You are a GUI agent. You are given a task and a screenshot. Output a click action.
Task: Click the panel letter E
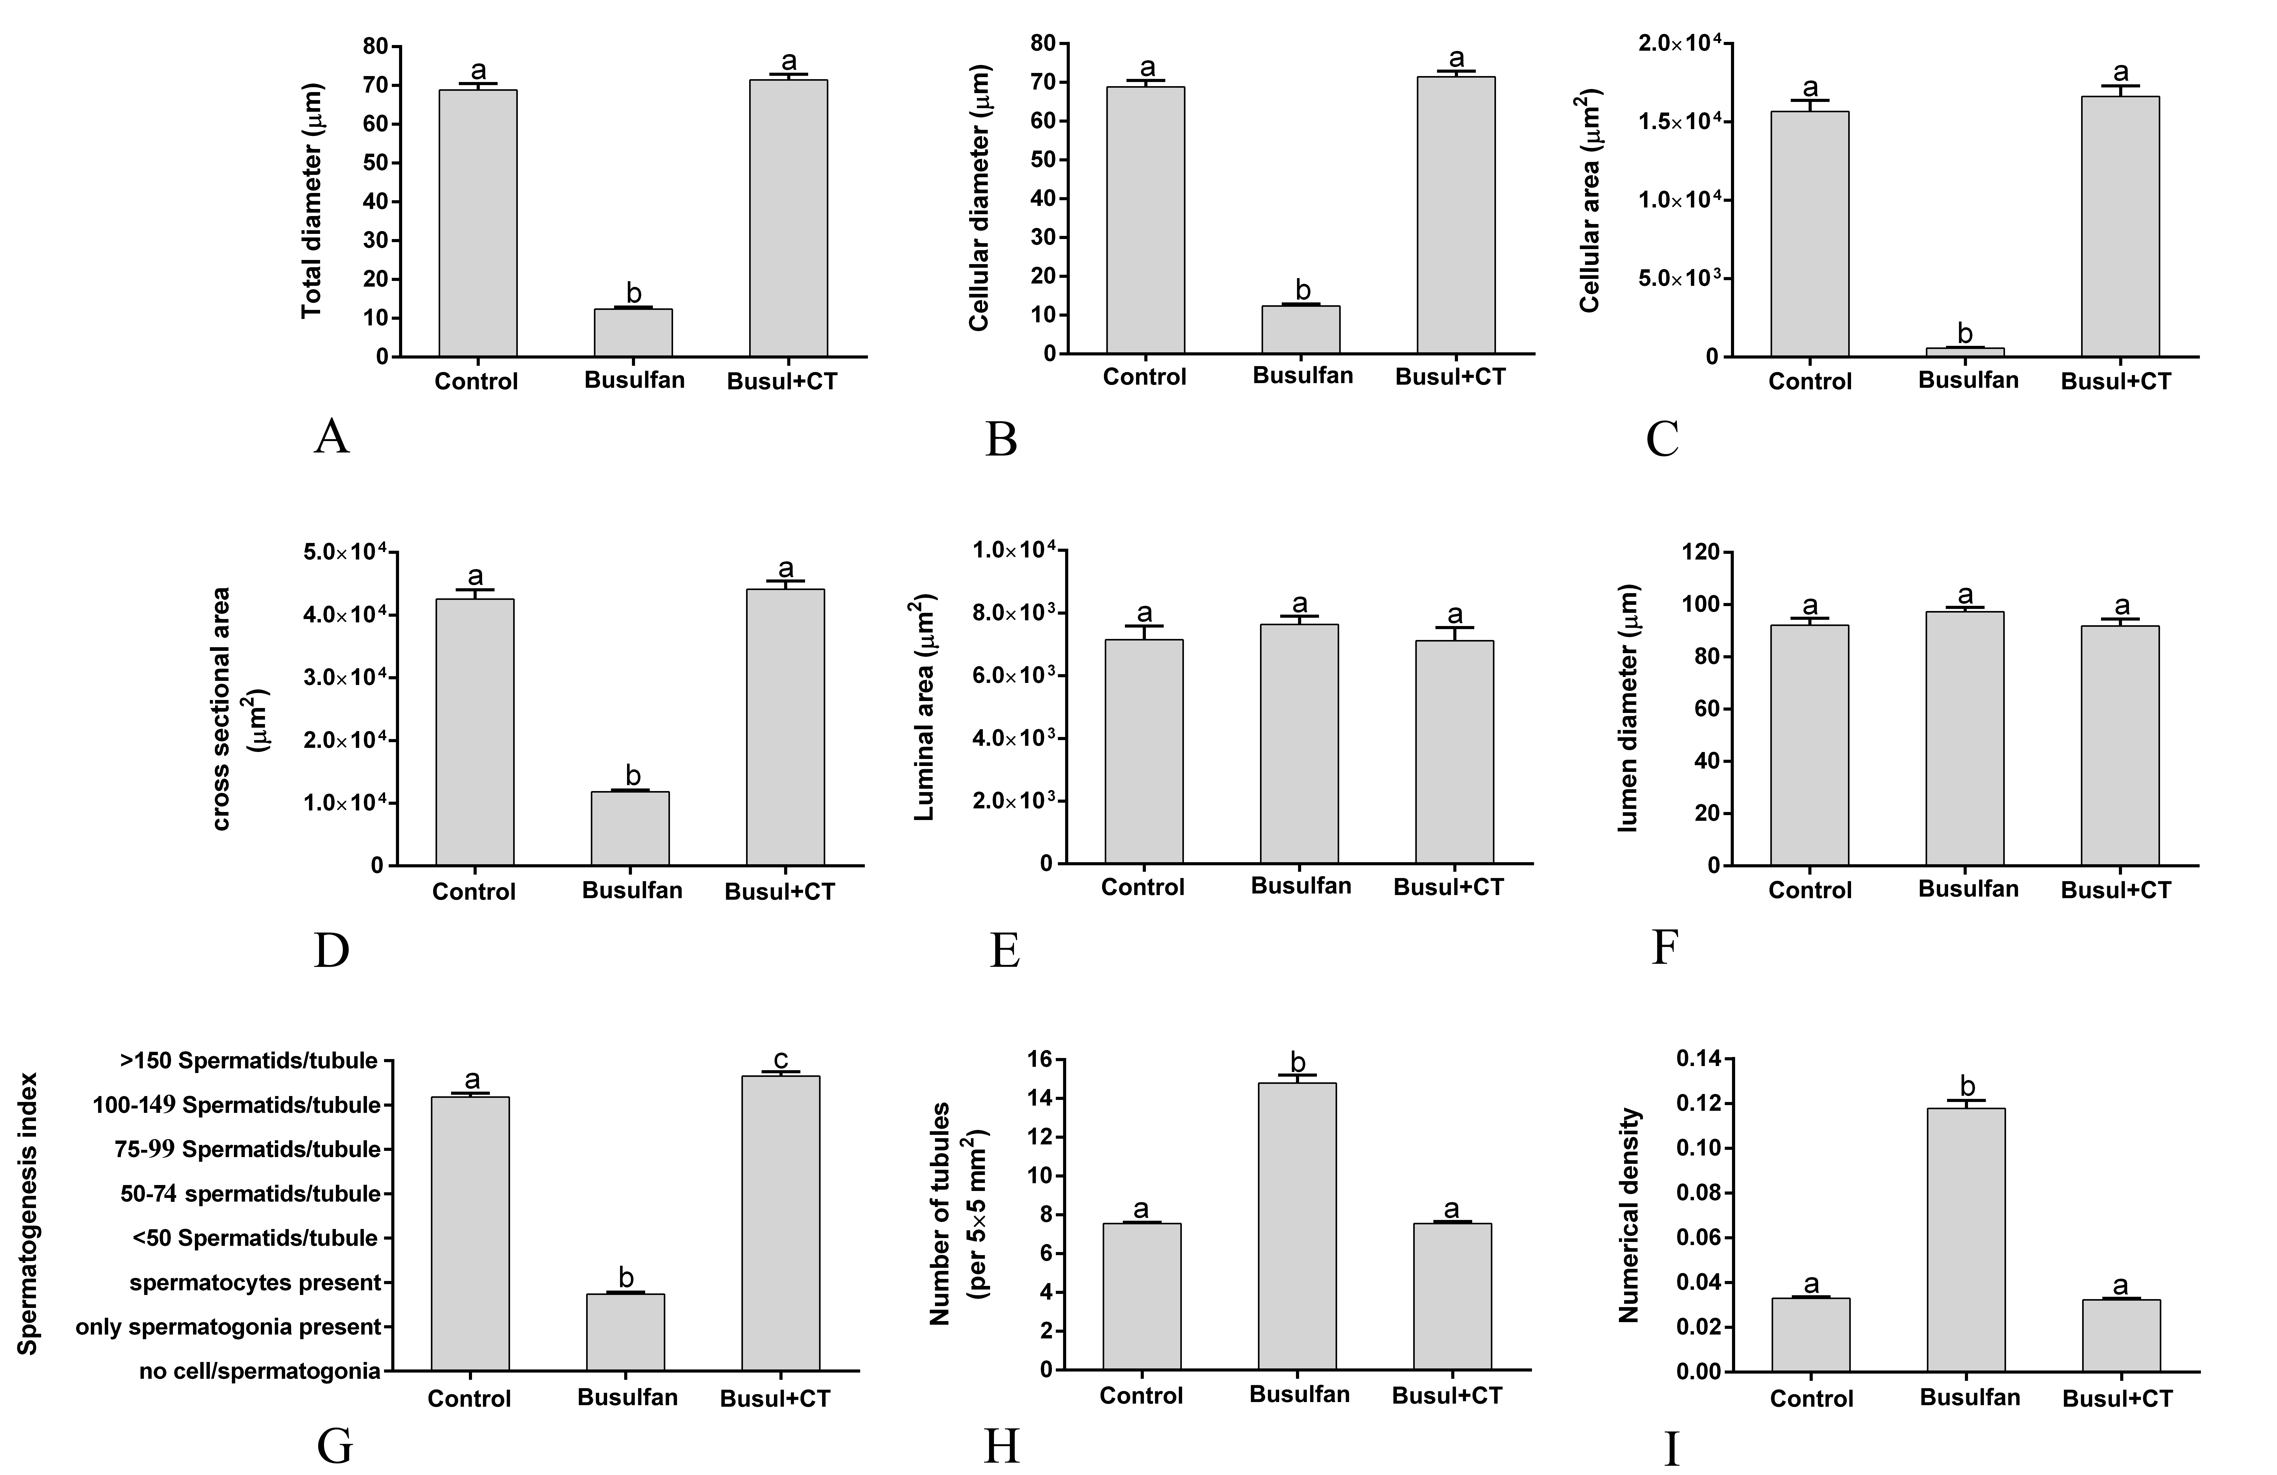pyautogui.click(x=1004, y=950)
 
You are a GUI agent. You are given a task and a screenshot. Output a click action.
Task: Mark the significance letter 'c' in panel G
pyautogui.click(x=781, y=1059)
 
